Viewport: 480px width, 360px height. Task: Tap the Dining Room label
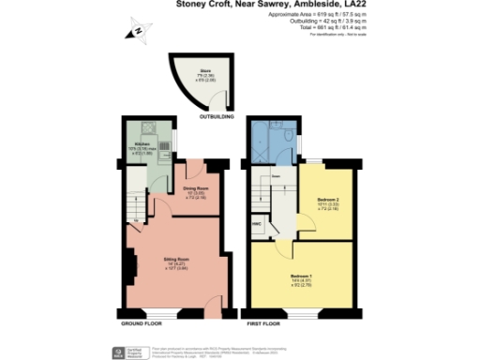196,192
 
